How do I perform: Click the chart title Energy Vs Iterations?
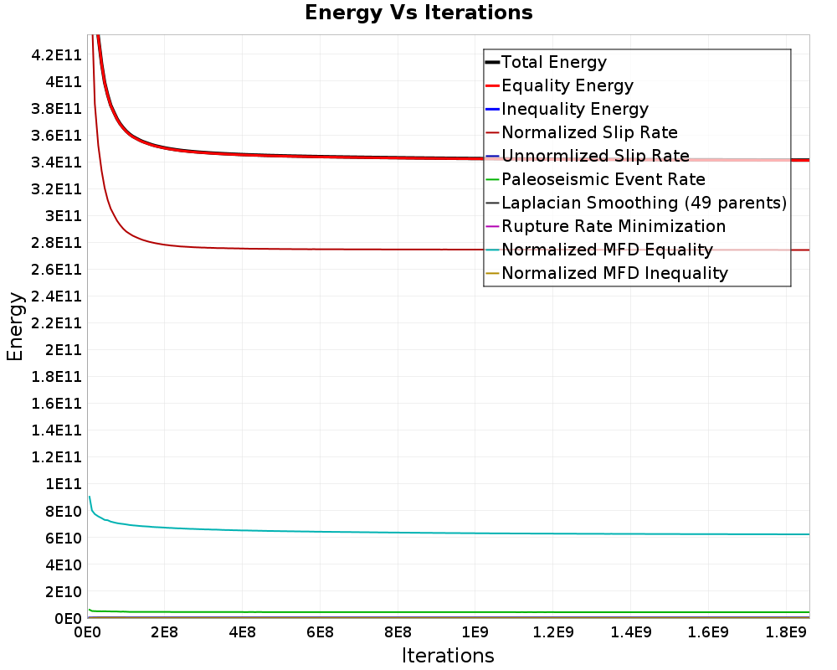[x=418, y=13]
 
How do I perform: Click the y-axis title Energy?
[x=14, y=326]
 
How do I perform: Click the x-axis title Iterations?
[x=448, y=655]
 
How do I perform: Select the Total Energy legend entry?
[x=553, y=62]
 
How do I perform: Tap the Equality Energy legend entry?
[x=567, y=85]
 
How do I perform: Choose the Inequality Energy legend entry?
[x=574, y=109]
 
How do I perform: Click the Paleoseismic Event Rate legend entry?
[x=603, y=179]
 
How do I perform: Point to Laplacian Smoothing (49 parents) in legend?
[x=644, y=203]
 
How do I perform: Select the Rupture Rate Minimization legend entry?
[x=613, y=226]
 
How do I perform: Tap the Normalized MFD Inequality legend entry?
[x=614, y=273]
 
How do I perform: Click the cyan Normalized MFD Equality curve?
[x=418, y=532]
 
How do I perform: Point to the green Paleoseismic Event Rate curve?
[x=418, y=612]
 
